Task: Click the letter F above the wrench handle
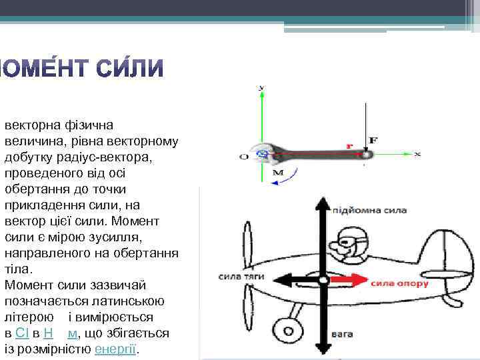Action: point(373,140)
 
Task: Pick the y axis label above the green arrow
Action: point(261,87)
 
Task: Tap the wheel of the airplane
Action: point(286,329)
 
